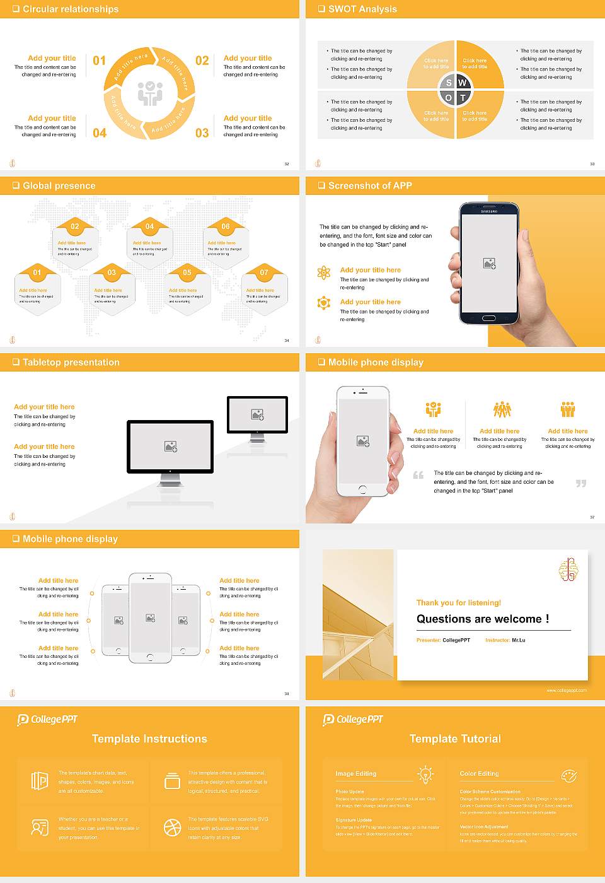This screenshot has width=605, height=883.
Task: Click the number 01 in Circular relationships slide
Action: coord(100,61)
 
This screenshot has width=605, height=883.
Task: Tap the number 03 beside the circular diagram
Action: coord(202,133)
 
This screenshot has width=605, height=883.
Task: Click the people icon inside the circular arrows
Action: coord(150,93)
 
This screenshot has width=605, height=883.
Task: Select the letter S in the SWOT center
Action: coord(449,83)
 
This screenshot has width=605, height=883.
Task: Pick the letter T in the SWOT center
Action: coord(463,98)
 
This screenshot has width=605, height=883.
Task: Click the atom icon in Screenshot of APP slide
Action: coord(324,272)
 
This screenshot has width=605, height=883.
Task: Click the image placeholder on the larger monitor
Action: coord(170,447)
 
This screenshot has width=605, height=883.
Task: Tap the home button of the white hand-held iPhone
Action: coord(362,489)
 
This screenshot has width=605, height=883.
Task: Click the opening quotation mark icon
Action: coord(418,475)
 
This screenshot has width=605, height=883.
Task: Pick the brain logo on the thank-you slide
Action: coord(568,570)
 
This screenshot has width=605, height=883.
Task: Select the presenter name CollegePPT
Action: coord(456,640)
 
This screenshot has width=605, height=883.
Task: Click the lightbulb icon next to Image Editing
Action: coord(425,774)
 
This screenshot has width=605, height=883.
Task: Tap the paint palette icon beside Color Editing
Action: coord(568,775)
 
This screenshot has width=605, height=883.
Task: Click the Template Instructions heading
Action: coord(149,739)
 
